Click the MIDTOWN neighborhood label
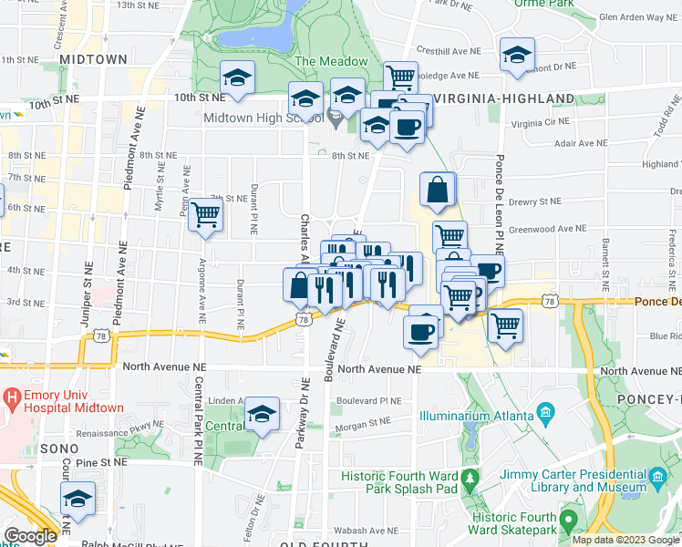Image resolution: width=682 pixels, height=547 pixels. point(93,59)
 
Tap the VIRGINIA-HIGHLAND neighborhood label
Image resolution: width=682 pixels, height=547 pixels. point(503,98)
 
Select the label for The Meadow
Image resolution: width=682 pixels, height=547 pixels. point(330,62)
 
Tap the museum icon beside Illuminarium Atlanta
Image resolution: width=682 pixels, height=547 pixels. point(545,413)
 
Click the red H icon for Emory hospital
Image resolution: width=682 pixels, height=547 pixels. point(13,397)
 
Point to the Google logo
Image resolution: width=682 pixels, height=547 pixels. point(30,536)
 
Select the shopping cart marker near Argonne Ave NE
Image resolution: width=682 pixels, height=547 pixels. point(207,215)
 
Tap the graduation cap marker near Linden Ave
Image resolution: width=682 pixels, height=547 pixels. point(263,415)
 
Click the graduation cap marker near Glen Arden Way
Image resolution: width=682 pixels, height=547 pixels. point(517,56)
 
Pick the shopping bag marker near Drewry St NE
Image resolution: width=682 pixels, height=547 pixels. point(438,190)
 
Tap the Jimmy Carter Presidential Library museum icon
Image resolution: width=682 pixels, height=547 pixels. point(657,478)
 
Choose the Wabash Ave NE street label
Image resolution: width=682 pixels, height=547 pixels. point(362,528)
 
